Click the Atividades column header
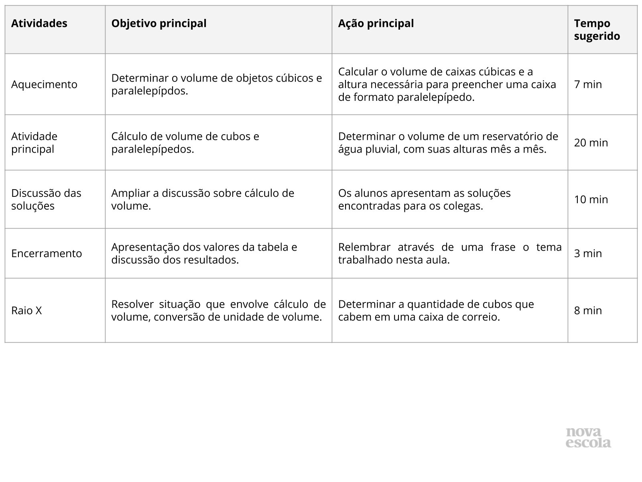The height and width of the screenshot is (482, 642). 39,23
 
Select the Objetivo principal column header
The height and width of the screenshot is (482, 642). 159,23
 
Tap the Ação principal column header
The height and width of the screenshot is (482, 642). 376,23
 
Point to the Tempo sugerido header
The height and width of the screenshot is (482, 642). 597,30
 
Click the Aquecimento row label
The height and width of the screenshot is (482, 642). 44,84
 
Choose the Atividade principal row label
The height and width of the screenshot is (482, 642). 35,143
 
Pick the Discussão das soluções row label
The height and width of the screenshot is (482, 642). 46,199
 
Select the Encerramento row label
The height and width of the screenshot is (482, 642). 47,253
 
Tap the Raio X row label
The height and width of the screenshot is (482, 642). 26,310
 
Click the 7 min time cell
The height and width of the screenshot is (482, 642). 588,84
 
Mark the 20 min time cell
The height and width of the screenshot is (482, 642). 591,143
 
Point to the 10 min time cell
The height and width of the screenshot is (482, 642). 591,199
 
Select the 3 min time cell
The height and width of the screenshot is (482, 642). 588,253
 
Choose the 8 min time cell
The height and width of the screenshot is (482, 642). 588,310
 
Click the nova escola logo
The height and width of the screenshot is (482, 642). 588,437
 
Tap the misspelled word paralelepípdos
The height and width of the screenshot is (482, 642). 150,91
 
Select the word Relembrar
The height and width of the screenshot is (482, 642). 364,247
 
